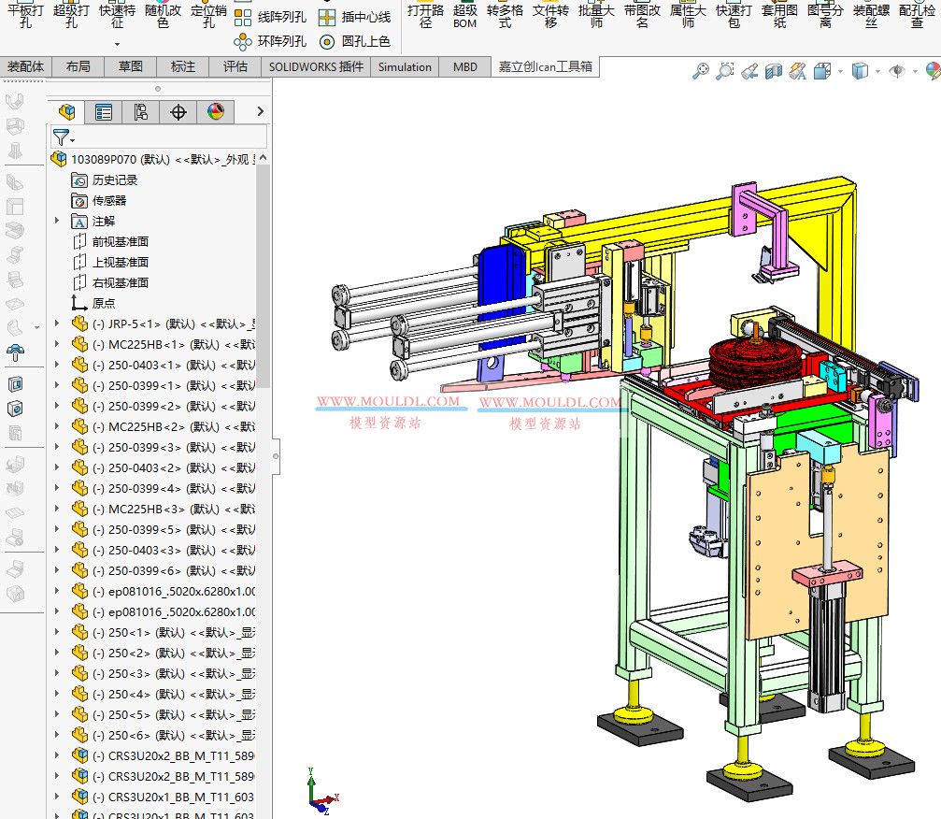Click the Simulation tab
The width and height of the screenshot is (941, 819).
coord(405,66)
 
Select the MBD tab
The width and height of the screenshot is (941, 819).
coord(464,66)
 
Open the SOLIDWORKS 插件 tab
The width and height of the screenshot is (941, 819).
coord(316,66)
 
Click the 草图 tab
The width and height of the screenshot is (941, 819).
coord(130,66)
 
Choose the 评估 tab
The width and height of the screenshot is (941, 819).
coord(235,66)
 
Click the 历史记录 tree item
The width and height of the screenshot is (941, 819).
coord(114,180)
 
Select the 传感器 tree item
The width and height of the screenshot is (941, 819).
coord(108,200)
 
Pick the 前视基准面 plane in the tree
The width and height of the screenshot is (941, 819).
coord(120,241)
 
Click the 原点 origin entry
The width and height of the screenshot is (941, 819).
coord(104,303)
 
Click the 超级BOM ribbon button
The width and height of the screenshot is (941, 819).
coord(464,16)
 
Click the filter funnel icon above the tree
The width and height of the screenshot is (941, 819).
coord(61,136)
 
